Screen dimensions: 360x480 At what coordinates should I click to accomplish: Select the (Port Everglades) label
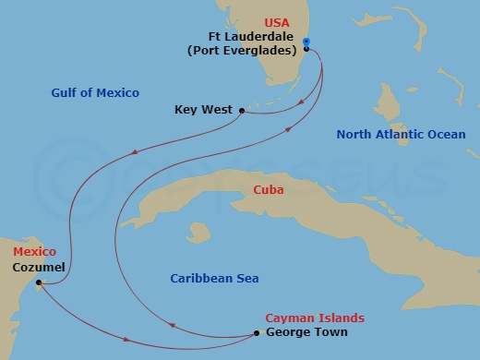(x=247, y=50)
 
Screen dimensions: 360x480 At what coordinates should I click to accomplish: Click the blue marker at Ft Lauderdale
(x=306, y=42)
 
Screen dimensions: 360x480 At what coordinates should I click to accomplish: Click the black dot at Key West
(x=242, y=111)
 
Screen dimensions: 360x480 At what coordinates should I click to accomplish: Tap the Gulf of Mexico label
(x=94, y=92)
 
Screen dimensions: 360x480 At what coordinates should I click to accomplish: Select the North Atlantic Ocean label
(x=401, y=135)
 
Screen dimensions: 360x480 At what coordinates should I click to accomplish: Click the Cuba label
(x=269, y=190)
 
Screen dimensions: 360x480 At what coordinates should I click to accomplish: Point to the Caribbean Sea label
(x=215, y=278)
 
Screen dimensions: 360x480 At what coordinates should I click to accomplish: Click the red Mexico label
(x=34, y=251)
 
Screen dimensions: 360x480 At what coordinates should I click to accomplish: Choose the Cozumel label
(x=39, y=267)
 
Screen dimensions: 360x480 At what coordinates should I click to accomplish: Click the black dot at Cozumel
(x=38, y=283)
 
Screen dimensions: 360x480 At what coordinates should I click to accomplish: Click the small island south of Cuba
(x=196, y=231)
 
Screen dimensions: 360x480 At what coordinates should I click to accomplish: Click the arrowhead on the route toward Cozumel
(x=136, y=152)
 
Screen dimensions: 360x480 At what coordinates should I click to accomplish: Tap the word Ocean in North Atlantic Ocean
(x=445, y=135)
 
